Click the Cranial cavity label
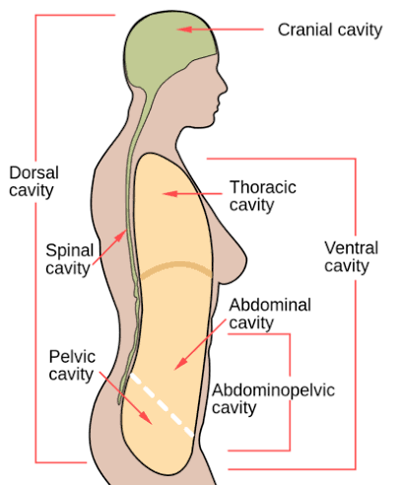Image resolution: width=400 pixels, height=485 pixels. [x=330, y=31]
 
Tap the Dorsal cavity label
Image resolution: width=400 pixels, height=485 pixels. [x=33, y=181]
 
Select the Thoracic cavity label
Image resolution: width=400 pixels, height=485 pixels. [x=263, y=196]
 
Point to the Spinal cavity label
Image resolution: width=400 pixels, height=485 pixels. [x=70, y=259]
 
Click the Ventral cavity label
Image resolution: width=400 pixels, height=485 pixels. [x=351, y=256]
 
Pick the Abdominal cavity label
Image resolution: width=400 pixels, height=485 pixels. [x=270, y=313]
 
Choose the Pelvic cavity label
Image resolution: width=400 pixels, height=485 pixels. [x=72, y=366]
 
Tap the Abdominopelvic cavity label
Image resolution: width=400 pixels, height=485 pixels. [x=273, y=399]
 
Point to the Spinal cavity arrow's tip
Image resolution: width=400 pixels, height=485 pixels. [x=126, y=230]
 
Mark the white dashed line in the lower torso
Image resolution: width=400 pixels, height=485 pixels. [x=163, y=405]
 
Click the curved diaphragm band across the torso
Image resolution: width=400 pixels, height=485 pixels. [x=176, y=266]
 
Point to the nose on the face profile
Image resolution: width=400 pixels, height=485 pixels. [x=224, y=86]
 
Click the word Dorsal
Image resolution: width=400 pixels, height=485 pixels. [x=33, y=173]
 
